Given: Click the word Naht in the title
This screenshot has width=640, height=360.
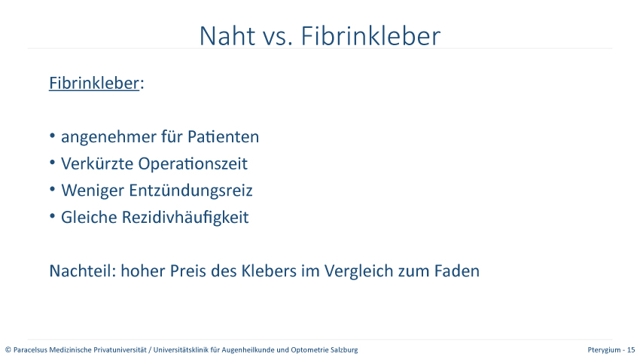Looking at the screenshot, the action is click(x=227, y=36).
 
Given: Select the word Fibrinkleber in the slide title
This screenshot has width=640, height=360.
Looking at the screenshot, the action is click(x=370, y=35).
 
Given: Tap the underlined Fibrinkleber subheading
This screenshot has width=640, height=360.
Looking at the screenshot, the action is click(x=94, y=83).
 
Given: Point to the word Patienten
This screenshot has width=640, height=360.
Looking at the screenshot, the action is click(x=224, y=137).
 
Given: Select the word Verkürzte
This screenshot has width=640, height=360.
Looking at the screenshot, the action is click(x=97, y=163).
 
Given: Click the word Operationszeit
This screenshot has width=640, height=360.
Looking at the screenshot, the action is click(x=193, y=164).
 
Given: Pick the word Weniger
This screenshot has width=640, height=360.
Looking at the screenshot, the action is click(x=93, y=191).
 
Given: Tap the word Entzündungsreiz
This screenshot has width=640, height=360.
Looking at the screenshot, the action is click(x=190, y=191).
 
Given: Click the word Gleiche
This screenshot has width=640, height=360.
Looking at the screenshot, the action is click(x=89, y=217).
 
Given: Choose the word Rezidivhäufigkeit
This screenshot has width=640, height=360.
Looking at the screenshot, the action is click(x=185, y=217).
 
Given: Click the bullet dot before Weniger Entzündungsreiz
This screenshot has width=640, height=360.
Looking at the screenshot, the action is click(x=52, y=189).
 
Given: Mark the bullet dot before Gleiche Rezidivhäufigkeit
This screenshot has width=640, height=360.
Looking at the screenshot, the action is click(x=52, y=216).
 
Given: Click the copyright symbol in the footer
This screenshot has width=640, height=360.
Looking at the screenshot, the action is click(x=8, y=349).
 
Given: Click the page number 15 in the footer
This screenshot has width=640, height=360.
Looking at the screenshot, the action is click(x=631, y=349).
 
